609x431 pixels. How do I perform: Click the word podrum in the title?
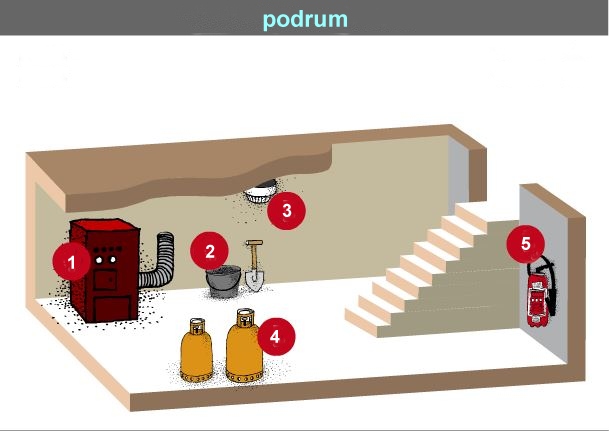(x=305, y=20)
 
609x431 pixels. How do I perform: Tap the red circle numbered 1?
(x=71, y=262)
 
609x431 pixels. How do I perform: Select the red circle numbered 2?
(x=209, y=251)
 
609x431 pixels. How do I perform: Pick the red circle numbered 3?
(x=286, y=210)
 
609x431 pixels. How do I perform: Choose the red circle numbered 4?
(x=276, y=336)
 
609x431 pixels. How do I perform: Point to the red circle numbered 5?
(x=525, y=244)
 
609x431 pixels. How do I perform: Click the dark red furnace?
(x=105, y=271)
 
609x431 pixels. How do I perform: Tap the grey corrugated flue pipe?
(x=158, y=260)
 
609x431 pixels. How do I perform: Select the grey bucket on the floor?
(x=223, y=281)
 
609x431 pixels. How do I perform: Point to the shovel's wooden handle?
(x=254, y=255)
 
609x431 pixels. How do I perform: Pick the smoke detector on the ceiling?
(x=260, y=192)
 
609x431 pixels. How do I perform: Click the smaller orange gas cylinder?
(x=197, y=351)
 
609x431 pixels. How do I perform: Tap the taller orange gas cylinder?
(x=244, y=346)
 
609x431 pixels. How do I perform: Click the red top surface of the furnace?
(x=105, y=224)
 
